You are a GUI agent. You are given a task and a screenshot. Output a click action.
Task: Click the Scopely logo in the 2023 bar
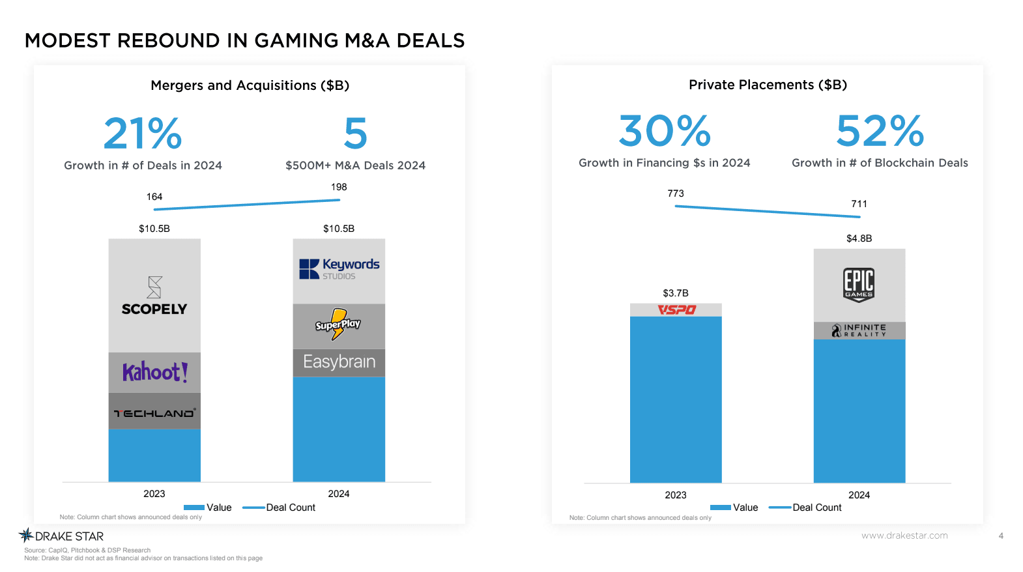point(154,297)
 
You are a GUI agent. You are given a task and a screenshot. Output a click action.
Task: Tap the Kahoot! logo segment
point(155,372)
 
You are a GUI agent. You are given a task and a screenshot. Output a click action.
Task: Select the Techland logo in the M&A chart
point(154,413)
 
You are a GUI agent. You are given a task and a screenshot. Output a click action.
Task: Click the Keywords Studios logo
point(339,268)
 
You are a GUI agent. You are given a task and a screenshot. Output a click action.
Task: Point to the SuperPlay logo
point(338,324)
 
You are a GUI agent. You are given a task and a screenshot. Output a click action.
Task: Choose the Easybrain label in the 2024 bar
point(339,362)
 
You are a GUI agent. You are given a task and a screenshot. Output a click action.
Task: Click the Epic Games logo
point(859,285)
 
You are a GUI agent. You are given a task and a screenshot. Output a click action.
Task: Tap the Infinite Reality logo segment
point(859,330)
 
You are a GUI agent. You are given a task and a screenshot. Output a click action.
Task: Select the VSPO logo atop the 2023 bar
point(676,309)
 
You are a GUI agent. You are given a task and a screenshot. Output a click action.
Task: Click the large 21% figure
point(143,134)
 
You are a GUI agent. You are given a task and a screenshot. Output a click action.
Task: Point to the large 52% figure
point(880,131)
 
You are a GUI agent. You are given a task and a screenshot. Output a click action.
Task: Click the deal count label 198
point(339,187)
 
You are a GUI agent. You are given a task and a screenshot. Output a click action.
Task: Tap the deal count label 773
point(676,193)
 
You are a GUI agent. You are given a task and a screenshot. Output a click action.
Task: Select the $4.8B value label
point(859,238)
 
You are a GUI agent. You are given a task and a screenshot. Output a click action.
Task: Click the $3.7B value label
point(676,293)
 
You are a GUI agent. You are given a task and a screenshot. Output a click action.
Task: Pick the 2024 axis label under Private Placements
point(859,495)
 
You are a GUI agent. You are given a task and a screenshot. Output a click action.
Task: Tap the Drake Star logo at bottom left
point(62,536)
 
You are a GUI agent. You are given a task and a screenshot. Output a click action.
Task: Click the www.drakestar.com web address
point(904,536)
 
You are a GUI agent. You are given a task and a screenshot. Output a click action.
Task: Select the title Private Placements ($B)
point(768,85)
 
